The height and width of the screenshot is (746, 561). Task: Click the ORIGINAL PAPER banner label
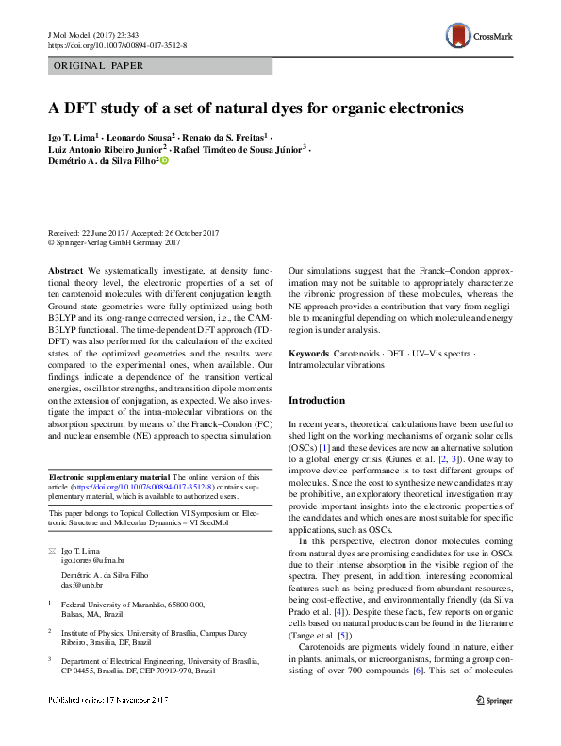[x=99, y=65]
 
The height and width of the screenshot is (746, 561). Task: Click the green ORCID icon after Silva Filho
[x=163, y=162]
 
